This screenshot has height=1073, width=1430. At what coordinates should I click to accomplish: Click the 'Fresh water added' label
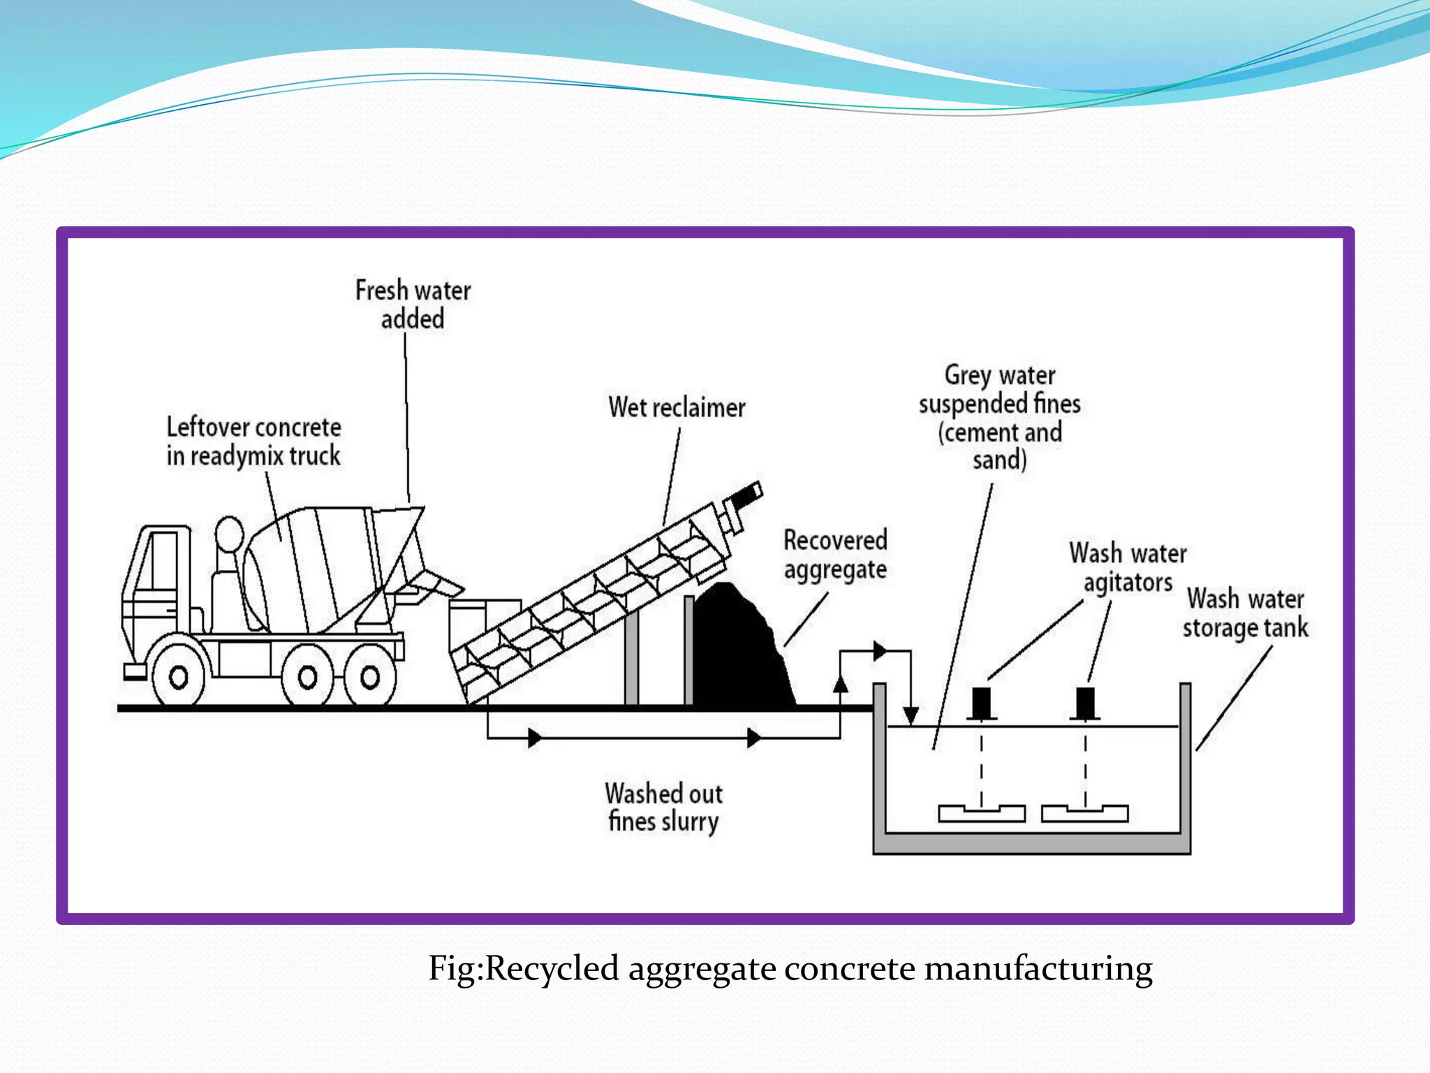click(x=413, y=305)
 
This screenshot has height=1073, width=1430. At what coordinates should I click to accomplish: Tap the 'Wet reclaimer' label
click(x=677, y=407)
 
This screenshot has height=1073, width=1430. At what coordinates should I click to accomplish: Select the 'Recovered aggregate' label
click(x=835, y=555)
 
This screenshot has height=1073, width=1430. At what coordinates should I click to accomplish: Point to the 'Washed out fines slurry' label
click(x=663, y=808)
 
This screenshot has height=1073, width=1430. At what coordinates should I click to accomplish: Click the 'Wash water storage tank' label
click(x=1246, y=613)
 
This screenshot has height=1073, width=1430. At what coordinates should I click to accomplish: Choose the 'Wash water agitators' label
click(x=1128, y=567)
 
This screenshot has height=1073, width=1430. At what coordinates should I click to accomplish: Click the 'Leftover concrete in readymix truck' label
click(x=253, y=441)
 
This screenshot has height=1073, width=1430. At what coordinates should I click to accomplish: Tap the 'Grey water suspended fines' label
click(x=999, y=417)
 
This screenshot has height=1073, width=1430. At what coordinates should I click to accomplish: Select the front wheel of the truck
click(x=179, y=677)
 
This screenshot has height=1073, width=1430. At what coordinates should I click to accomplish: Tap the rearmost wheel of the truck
click(x=370, y=676)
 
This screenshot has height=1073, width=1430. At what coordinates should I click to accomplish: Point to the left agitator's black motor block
click(x=981, y=703)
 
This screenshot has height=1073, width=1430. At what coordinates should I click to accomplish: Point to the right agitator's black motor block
click(x=1085, y=703)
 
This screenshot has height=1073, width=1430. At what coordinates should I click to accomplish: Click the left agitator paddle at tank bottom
click(x=981, y=813)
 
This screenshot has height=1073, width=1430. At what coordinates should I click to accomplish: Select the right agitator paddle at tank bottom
click(x=1084, y=813)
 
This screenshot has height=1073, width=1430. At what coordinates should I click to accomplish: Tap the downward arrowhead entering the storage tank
click(x=911, y=716)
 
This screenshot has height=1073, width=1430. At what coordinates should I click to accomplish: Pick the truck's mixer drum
click(x=314, y=569)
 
